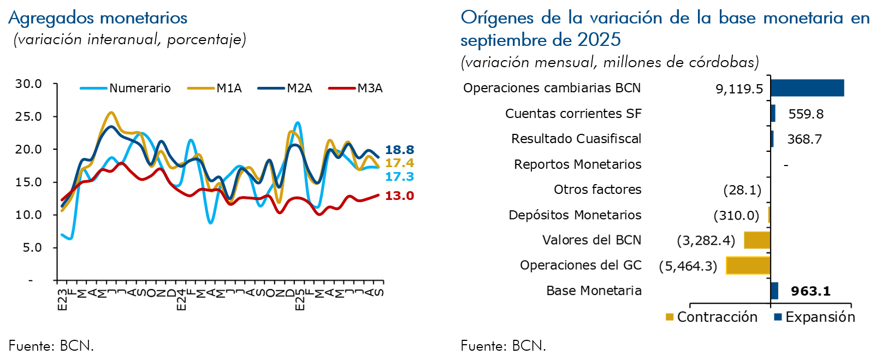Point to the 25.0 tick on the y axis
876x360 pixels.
click(28, 116)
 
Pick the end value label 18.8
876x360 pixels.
click(399, 150)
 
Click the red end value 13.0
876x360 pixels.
click(399, 196)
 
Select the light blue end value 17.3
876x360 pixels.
click(399, 176)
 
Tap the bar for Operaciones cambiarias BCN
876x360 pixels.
click(807, 88)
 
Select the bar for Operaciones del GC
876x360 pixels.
click(748, 265)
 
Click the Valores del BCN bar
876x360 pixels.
click(757, 240)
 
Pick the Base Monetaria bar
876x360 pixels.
click(774, 291)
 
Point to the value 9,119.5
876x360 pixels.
click(739, 88)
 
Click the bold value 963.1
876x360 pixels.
click(810, 291)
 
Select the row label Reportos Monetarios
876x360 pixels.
click(577, 164)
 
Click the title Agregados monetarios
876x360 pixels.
click(98, 18)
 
